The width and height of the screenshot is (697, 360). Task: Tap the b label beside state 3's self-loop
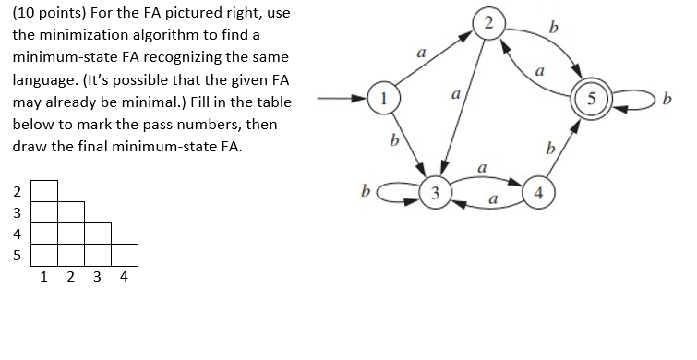366,192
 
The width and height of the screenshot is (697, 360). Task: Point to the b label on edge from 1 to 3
394,142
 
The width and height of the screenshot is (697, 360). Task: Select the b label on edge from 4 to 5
550,148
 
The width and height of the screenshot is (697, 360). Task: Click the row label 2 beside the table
14,193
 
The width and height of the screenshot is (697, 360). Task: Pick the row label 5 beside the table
14,254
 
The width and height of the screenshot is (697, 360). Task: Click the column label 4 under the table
125,275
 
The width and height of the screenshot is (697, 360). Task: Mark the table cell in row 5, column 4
126,254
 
